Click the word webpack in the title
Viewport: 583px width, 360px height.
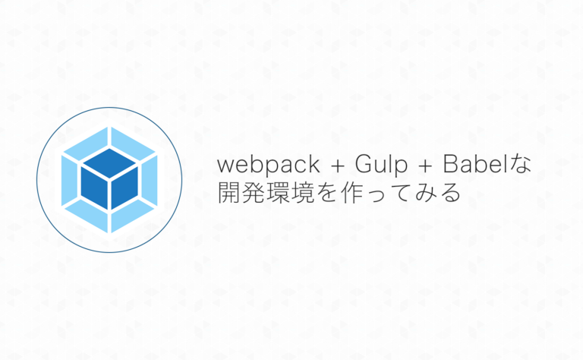point(269,164)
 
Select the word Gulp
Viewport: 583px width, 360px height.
point(381,164)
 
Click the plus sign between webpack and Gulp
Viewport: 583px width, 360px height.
point(338,166)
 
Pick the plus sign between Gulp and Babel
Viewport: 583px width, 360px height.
point(425,166)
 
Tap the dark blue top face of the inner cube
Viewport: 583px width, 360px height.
point(109,163)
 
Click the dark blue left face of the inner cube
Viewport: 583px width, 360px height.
point(94,187)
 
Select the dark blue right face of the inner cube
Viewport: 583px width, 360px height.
point(124,187)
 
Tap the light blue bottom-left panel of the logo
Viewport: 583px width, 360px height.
point(87,216)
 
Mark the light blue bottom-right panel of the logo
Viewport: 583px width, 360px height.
point(133,216)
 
